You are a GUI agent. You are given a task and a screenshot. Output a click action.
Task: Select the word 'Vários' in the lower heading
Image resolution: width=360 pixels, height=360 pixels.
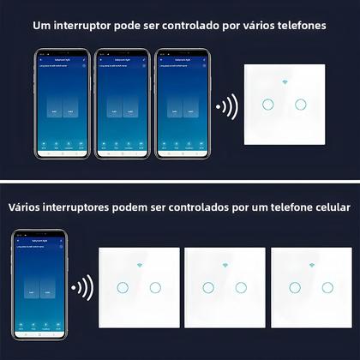pos(27,207)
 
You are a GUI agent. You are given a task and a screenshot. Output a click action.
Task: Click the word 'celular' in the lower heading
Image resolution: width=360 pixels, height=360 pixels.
pos(330,207)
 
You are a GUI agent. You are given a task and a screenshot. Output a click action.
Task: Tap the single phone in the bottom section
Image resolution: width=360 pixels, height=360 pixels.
pos(39,287)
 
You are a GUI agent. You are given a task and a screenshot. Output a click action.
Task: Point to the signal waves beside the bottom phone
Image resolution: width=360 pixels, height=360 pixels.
pos(83,289)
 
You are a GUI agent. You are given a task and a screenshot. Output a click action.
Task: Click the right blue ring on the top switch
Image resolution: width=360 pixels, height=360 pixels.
pos(300,105)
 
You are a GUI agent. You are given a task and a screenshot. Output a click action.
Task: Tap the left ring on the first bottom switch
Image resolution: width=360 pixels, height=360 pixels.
pos(123,287)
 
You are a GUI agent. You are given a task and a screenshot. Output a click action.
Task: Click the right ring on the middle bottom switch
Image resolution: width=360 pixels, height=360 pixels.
pos(241,287)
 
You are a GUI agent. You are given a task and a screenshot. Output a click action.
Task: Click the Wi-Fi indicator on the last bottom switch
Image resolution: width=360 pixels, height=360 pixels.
pos(309,263)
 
